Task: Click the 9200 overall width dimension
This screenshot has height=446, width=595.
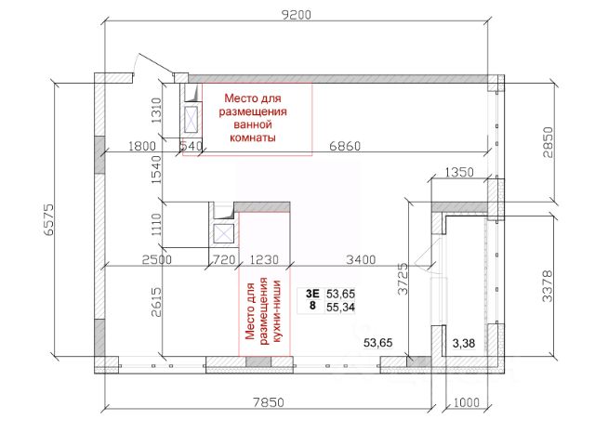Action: (x=297, y=15)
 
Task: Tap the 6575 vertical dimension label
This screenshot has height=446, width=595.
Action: (x=49, y=220)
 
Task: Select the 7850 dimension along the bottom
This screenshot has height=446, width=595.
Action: (x=269, y=402)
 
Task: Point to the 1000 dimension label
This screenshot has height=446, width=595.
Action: (x=467, y=402)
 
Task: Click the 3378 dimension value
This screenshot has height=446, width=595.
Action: (x=547, y=285)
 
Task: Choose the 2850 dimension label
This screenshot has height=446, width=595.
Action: (x=548, y=142)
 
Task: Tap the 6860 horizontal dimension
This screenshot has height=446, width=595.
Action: (x=345, y=146)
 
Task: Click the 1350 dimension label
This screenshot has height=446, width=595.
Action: (x=459, y=173)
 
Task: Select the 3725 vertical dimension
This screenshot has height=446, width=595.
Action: (x=403, y=279)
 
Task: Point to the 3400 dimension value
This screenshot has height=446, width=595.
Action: (x=361, y=260)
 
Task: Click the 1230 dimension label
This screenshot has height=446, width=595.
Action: (x=264, y=260)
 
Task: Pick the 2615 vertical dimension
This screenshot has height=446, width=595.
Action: (x=156, y=302)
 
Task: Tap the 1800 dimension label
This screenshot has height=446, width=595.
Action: (x=142, y=146)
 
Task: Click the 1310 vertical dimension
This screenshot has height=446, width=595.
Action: (x=156, y=111)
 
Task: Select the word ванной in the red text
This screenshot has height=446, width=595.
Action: (x=253, y=125)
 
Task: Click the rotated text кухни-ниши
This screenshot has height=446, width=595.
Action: (x=276, y=311)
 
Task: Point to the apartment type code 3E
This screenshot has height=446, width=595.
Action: (x=312, y=294)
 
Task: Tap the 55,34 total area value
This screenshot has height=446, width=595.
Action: (x=340, y=307)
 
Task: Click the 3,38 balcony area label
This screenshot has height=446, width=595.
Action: (x=464, y=343)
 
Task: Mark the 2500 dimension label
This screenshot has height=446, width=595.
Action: (x=157, y=260)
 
